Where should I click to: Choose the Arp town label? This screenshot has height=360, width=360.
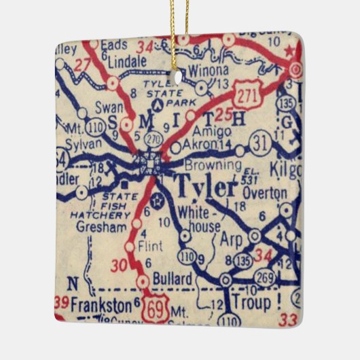[231, 239]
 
